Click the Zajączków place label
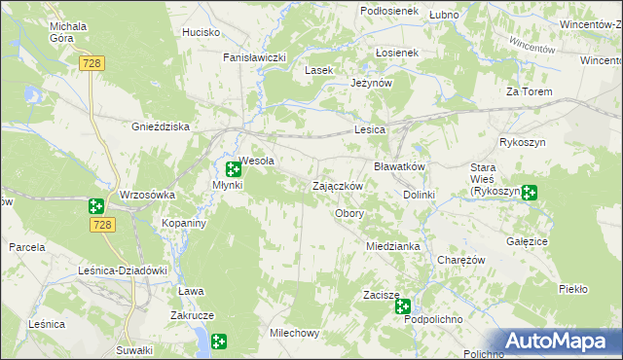tap(338, 186)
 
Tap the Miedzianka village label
tap(392, 246)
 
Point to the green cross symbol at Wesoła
tap(234, 169)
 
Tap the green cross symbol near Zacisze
tap(403, 306)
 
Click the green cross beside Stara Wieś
tap(529, 193)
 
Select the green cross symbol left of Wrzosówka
tap(95, 205)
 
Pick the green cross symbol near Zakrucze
tap(219, 341)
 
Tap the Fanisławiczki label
tap(254, 57)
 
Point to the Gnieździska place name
tap(161, 127)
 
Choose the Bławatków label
tap(400, 166)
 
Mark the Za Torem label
tap(530, 91)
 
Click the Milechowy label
tap(294, 333)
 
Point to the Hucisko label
tap(201, 32)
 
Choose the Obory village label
tap(349, 213)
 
